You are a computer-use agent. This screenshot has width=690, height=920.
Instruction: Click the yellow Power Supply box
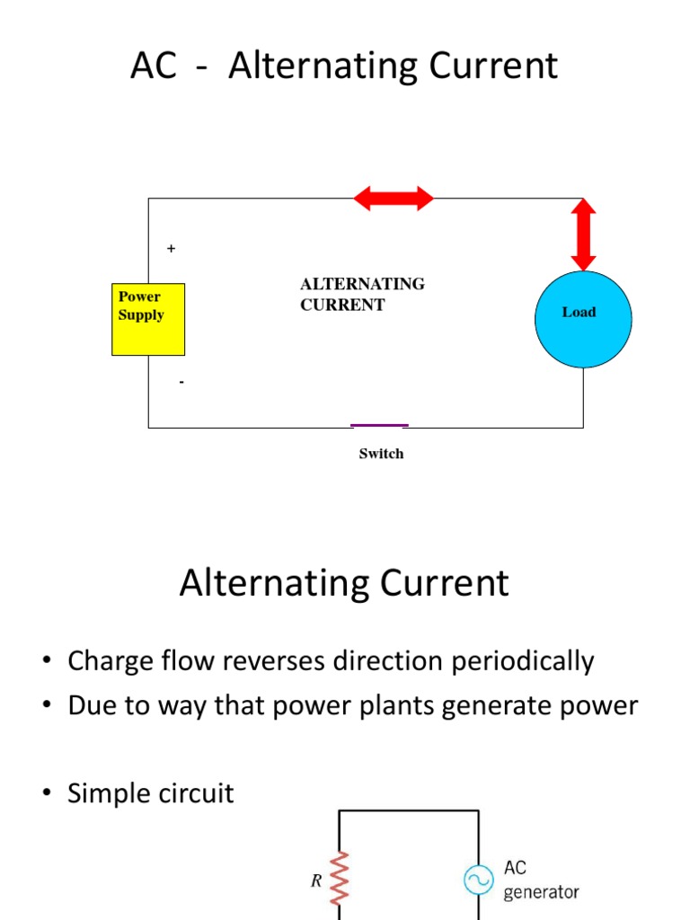(148, 319)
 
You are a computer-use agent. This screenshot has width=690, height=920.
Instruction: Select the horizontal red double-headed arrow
(394, 198)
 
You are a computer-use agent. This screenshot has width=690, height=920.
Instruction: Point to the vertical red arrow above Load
(583, 234)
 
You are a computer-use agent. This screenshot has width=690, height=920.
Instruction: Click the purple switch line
(379, 425)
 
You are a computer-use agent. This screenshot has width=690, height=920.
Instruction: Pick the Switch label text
(381, 454)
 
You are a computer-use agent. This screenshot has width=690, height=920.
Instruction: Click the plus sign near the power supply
(171, 248)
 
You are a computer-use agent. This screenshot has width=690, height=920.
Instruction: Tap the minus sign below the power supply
(181, 382)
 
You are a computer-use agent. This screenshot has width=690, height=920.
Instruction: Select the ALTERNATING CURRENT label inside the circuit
(362, 294)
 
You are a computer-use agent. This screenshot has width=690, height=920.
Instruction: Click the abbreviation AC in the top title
(154, 67)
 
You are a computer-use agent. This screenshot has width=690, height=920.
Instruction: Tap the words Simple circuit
(151, 793)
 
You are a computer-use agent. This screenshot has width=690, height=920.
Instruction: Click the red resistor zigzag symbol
(340, 879)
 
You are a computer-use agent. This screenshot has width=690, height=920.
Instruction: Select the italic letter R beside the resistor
(316, 881)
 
